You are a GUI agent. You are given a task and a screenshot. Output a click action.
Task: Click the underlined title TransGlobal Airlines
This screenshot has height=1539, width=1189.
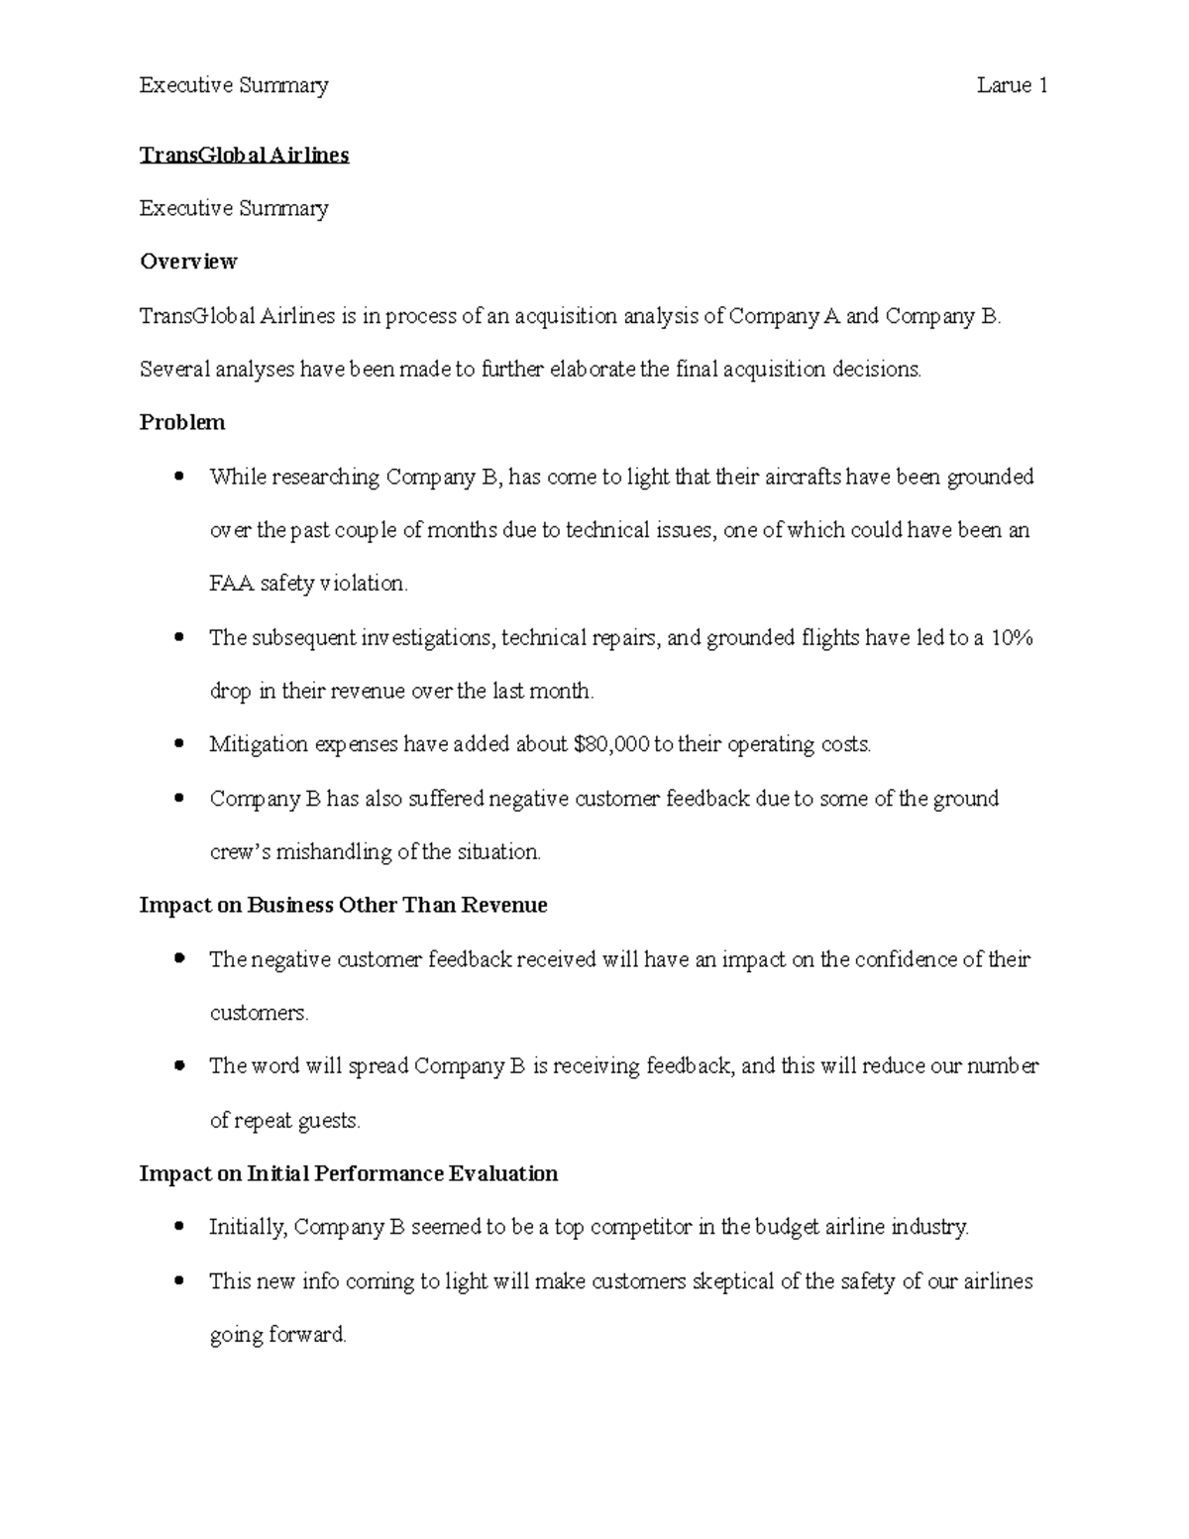(244, 155)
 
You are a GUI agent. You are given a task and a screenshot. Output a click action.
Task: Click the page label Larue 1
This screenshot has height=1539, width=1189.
(1012, 85)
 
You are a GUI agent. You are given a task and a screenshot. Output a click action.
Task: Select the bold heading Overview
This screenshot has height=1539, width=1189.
(188, 262)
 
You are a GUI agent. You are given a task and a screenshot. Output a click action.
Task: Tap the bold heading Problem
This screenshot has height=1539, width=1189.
(182, 422)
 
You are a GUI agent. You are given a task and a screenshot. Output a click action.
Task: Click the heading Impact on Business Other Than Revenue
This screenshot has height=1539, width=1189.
(343, 905)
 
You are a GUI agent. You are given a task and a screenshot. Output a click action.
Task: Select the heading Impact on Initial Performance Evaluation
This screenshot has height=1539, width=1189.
(349, 1173)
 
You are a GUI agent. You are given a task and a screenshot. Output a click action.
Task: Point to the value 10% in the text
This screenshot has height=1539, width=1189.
(1012, 637)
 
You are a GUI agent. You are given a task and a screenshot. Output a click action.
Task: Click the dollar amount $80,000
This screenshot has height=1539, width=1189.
(609, 744)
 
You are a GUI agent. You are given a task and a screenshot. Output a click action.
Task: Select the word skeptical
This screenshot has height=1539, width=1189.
(733, 1281)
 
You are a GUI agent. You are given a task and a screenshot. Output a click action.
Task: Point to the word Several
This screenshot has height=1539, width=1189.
(174, 370)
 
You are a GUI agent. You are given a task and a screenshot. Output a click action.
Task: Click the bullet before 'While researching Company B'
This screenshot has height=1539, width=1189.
(178, 477)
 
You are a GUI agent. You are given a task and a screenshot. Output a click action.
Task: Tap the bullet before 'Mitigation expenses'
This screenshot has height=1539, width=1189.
(178, 744)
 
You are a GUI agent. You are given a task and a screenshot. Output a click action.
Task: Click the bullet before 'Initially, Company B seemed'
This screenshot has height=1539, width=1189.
(178, 1227)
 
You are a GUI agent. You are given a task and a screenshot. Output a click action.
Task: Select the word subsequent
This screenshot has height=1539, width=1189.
(303, 637)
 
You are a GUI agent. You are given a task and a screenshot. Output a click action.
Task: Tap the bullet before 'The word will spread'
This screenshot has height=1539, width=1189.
(178, 1066)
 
